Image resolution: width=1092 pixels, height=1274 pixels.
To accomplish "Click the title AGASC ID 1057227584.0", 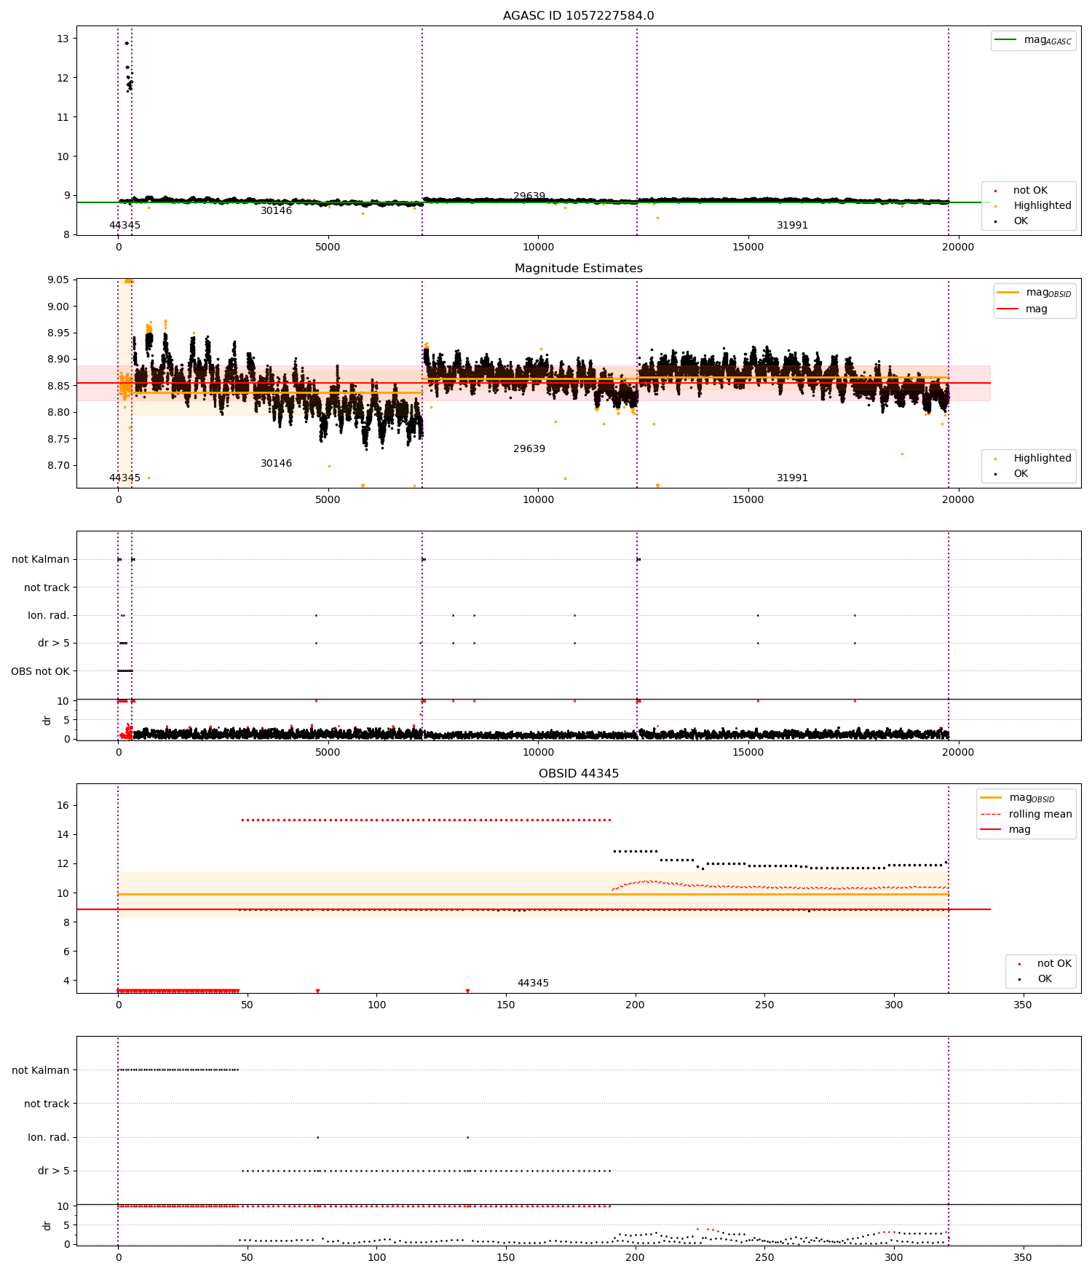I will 578,16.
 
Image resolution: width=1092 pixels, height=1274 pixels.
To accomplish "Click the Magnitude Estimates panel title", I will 578,269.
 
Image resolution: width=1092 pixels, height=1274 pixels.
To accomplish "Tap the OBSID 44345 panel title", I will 578,774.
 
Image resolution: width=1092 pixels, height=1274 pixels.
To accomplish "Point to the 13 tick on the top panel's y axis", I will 63,39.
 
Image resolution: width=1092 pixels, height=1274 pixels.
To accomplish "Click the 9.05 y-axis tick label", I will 58,280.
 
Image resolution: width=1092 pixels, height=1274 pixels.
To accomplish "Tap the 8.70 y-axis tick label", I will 58,466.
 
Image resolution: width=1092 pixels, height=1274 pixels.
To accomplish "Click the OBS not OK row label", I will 40,671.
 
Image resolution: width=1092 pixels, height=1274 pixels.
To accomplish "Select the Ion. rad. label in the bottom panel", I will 48,1137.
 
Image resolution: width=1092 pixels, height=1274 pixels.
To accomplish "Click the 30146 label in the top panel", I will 276,211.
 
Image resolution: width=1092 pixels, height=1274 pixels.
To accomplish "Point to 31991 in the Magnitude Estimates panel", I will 792,478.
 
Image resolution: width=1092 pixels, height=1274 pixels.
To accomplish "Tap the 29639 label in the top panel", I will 529,197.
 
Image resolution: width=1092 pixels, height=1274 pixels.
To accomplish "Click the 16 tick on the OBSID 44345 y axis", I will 63,805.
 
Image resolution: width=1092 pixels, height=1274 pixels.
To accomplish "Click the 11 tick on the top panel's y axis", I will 63,117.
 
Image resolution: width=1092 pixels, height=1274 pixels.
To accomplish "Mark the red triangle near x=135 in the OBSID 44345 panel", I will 467,991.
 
